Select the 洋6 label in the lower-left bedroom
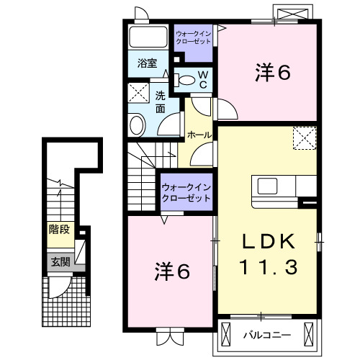pyautogui.click(x=173, y=271)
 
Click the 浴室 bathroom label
pyautogui.click(x=147, y=63)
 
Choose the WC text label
pyautogui.click(x=203, y=79)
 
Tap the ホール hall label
pyautogui.click(x=199, y=135)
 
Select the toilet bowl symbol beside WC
pyautogui.click(x=185, y=80)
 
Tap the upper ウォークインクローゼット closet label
pyautogui.click(x=194, y=37)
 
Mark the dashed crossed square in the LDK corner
pyautogui.click(x=305, y=136)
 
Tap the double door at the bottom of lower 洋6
pyautogui.click(x=170, y=334)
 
